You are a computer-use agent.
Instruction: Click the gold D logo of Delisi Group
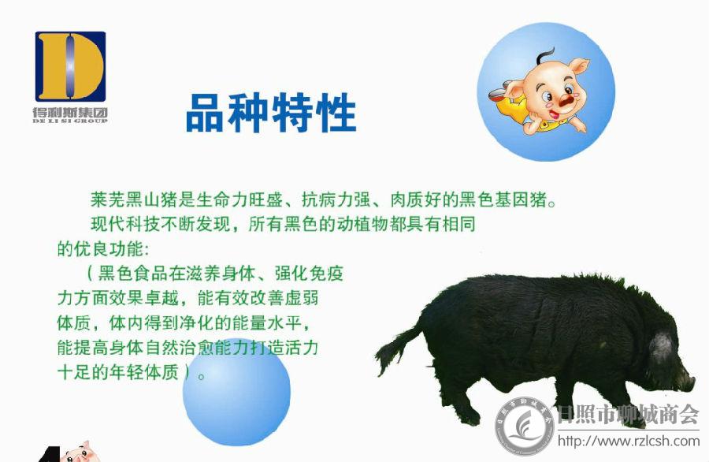tap(70, 66)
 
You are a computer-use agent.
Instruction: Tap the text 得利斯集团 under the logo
tap(70, 112)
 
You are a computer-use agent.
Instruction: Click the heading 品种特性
tap(271, 112)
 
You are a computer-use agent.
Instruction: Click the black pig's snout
tap(686, 382)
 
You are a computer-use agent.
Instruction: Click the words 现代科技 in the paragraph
tap(125, 224)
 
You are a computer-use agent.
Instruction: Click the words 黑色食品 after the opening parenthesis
tap(133, 274)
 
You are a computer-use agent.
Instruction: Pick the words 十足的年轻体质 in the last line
tap(118, 372)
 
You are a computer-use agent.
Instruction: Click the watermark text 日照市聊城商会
tap(628, 414)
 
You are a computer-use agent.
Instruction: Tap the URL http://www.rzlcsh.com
tap(629, 440)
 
